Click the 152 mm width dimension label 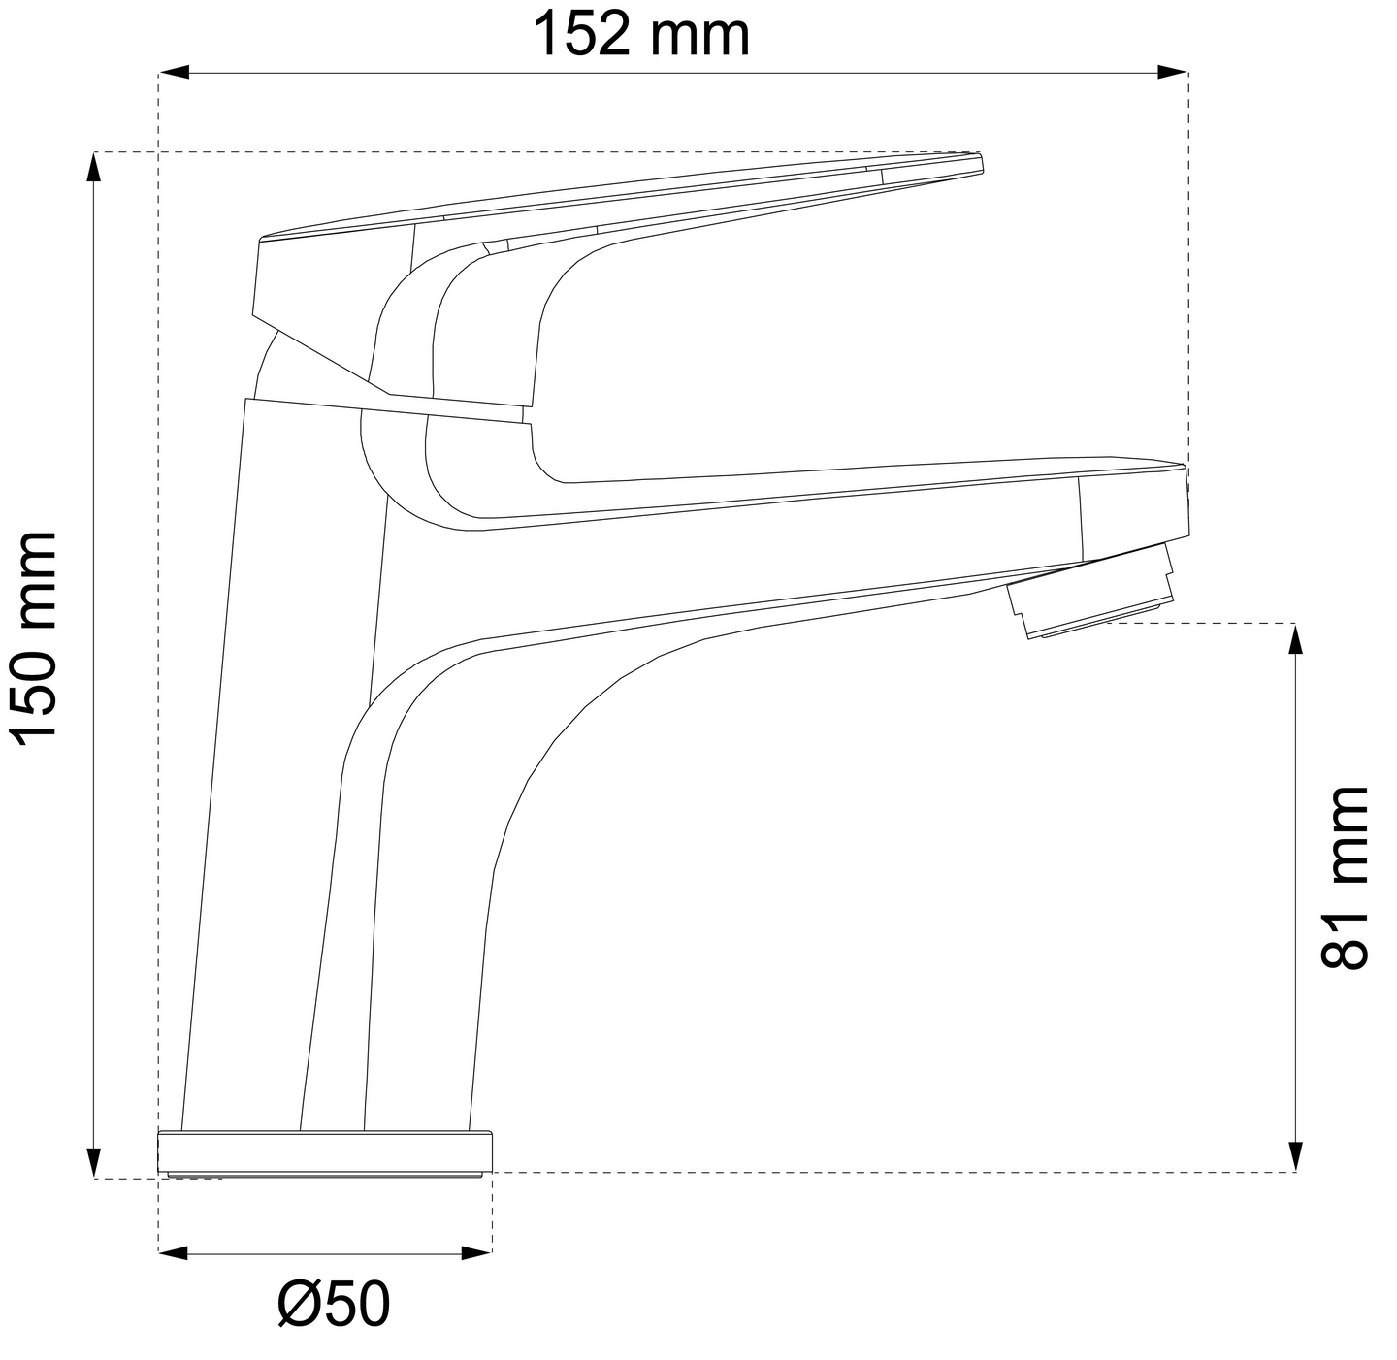click(642, 34)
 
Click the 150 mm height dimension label click(33, 639)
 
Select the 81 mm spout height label click(1345, 878)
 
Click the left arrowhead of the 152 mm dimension click(173, 72)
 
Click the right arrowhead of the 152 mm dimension click(1173, 72)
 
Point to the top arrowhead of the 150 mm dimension click(94, 167)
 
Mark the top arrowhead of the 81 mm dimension click(1296, 638)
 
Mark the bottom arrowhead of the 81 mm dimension click(1296, 1157)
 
